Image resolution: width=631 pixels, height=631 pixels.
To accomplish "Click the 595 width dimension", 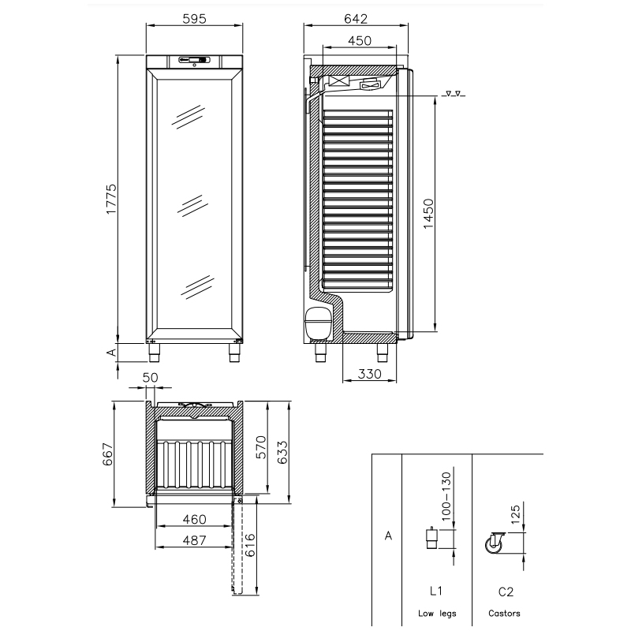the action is (x=194, y=19).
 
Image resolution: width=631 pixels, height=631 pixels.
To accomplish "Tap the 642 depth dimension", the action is (x=356, y=19).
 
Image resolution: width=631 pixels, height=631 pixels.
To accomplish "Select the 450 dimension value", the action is (x=360, y=41).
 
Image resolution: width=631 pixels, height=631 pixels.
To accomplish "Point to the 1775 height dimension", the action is (x=110, y=199).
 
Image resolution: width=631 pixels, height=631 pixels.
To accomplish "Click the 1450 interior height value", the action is (x=428, y=214).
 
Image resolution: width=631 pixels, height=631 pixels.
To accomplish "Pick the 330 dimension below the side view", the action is (x=369, y=374).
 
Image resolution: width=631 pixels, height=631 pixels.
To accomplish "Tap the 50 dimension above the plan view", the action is (x=150, y=378).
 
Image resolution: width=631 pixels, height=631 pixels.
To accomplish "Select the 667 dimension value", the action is (x=108, y=454).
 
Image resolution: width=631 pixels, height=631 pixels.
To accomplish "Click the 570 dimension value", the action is (x=261, y=447).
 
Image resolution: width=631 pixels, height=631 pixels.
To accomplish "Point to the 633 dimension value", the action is (x=282, y=452).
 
